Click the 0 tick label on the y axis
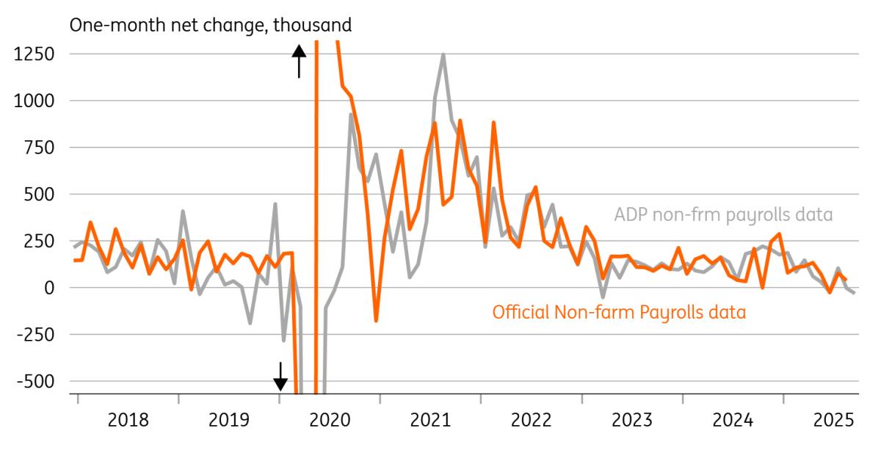pyautogui.click(x=49, y=288)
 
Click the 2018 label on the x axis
pyautogui.click(x=128, y=421)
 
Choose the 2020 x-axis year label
pyautogui.click(x=330, y=421)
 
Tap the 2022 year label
pyautogui.click(x=531, y=421)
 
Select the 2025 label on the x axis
pyautogui.click(x=833, y=421)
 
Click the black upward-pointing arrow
pyautogui.click(x=299, y=60)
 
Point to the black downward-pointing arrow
pyautogui.click(x=280, y=377)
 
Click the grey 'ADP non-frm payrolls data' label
pyautogui.click(x=723, y=215)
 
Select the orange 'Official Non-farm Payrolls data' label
pyautogui.click(x=619, y=312)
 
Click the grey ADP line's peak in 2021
pyautogui.click(x=443, y=54)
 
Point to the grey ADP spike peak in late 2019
pyautogui.click(x=275, y=204)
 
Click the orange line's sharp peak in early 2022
pyautogui.click(x=493, y=123)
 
